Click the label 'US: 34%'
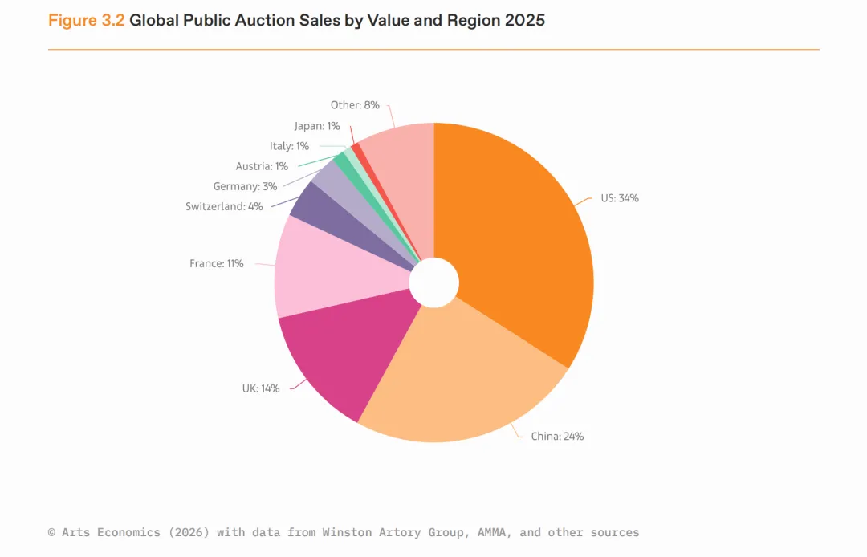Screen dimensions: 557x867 coord(620,198)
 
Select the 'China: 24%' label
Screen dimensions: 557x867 coord(557,437)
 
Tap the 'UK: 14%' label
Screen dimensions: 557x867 coord(261,388)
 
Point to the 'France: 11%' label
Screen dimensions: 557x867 coord(216,263)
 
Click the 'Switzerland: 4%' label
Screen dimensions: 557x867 coord(224,206)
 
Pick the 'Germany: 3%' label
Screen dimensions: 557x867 coord(245,186)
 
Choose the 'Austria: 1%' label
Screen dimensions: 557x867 coord(262,166)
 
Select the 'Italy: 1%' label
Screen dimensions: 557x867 coord(289,146)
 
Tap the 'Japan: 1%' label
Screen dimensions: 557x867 coord(317,126)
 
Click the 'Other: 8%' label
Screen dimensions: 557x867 coord(355,105)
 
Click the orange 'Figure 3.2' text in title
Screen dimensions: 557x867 coord(87,21)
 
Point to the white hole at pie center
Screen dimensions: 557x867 coord(434,283)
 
